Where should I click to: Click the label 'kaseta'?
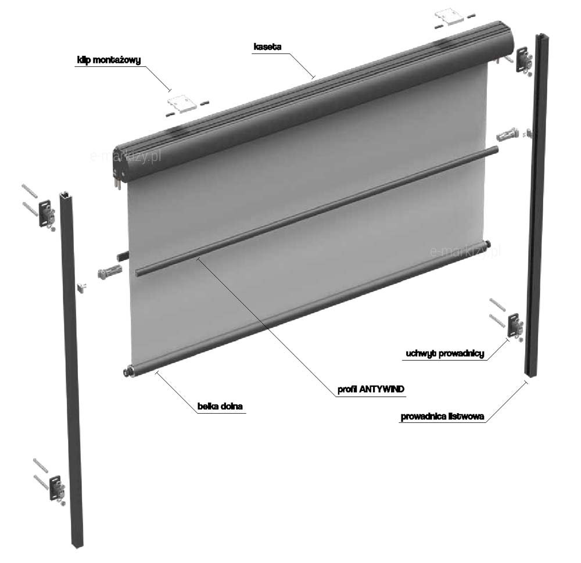(267, 46)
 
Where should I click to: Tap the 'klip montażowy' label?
(109, 60)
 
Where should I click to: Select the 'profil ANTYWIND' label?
(371, 389)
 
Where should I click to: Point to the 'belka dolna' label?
(220, 406)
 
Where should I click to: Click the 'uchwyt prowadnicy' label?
(444, 354)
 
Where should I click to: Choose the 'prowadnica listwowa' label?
(442, 417)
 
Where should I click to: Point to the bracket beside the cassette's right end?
(524, 60)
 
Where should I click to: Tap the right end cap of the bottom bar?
(487, 243)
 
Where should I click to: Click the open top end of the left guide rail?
(66, 195)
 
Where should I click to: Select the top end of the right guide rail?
(542, 37)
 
